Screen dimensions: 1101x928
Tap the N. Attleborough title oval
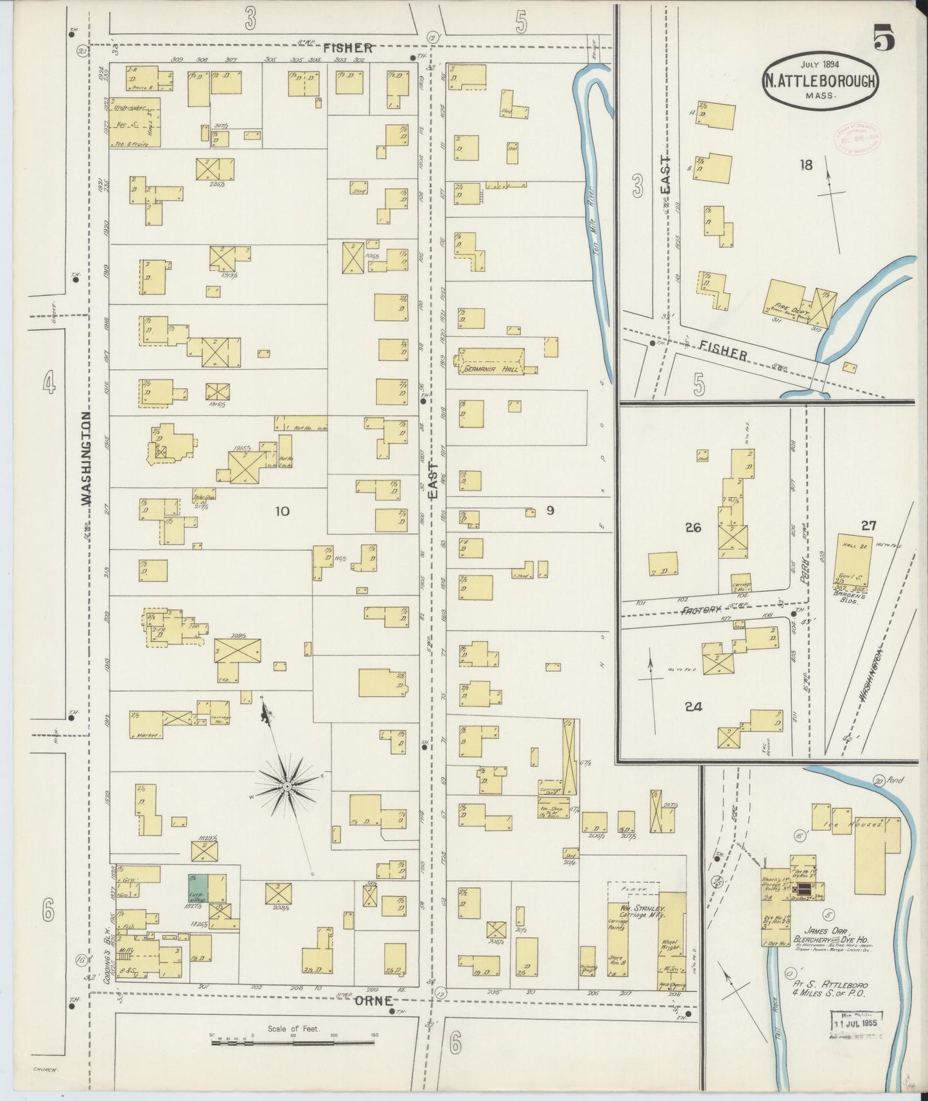[820, 82]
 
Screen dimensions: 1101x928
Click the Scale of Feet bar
[293, 1041]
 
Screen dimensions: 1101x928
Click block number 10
[282, 511]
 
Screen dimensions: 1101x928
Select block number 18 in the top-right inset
[805, 165]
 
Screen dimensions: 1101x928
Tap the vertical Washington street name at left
[86, 459]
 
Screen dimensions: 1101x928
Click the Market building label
[147, 735]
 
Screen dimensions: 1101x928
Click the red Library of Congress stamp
[857, 138]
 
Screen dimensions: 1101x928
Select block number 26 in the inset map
[692, 528]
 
